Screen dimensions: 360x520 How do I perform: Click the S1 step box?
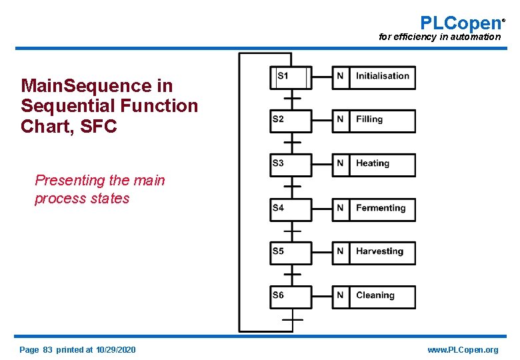[291, 77]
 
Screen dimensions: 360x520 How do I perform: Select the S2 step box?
[291, 121]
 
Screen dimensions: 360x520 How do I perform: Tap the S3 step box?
[291, 165]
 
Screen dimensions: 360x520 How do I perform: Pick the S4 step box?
[291, 209]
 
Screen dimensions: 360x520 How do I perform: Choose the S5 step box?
[291, 253]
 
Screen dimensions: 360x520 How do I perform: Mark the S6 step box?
[291, 297]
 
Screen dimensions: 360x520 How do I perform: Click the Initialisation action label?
[383, 77]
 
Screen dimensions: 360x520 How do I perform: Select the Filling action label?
[383, 121]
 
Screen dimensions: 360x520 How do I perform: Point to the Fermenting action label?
[383, 209]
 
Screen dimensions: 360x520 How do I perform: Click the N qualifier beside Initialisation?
[341, 77]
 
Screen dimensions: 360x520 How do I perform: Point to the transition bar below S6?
[292, 319]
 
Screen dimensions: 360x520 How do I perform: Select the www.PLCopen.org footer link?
[463, 350]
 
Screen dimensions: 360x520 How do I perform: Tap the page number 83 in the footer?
[47, 350]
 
